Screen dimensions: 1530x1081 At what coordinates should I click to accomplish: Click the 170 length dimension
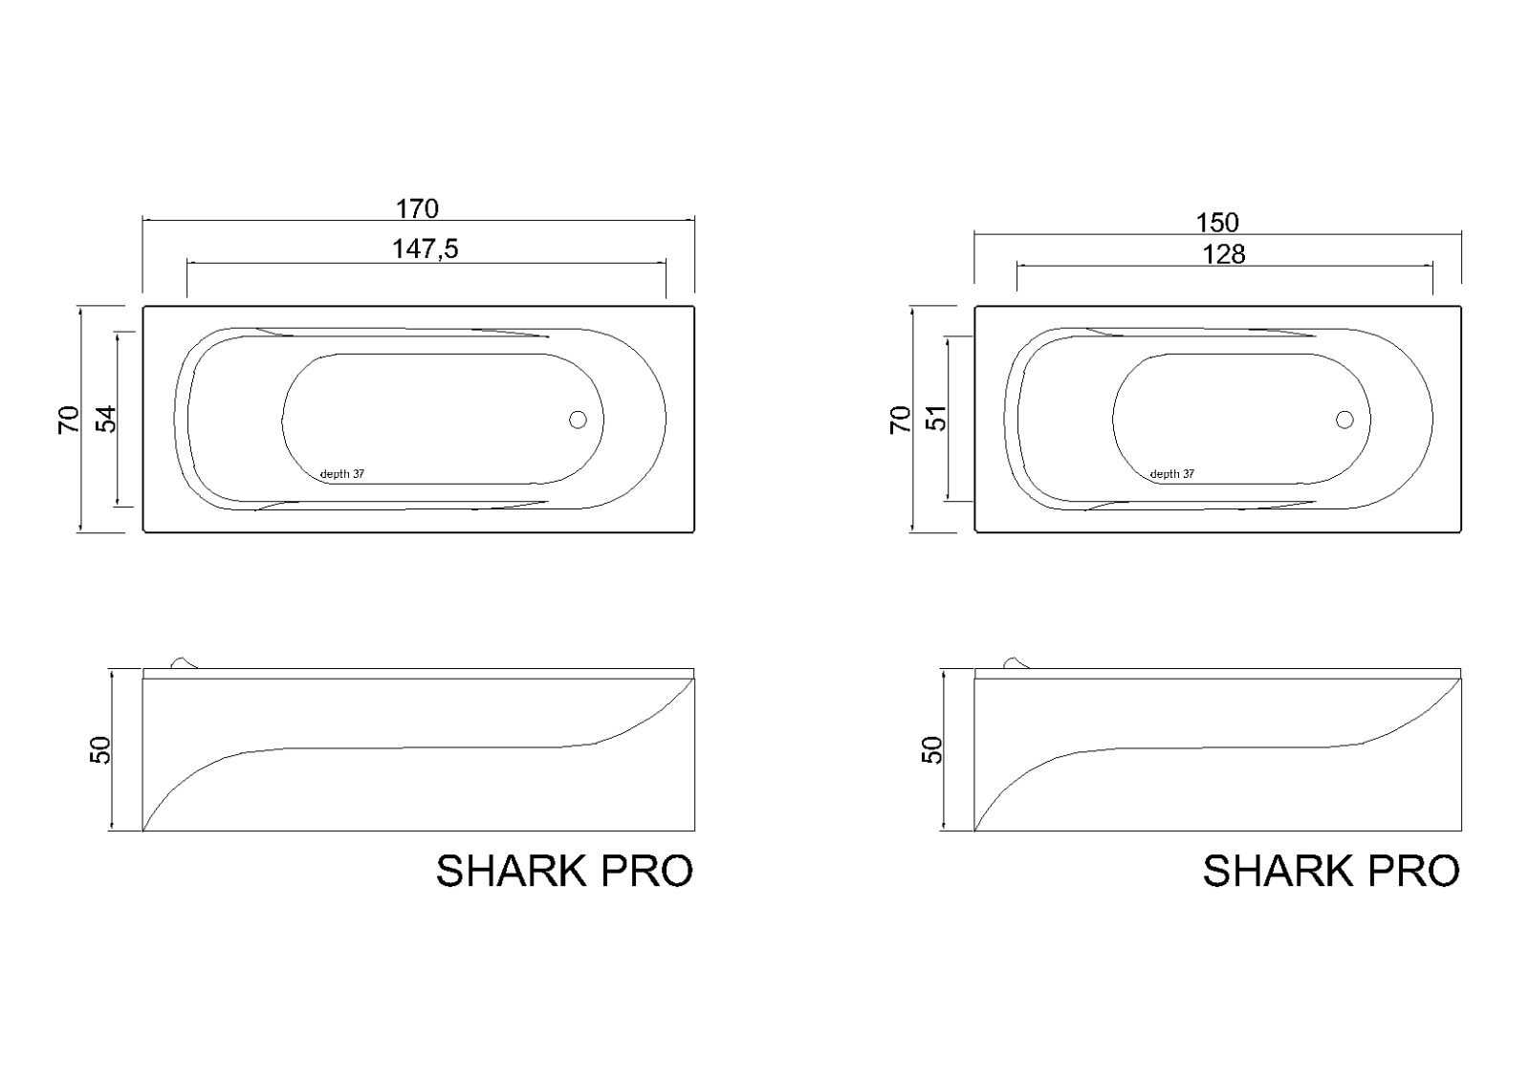pos(417,209)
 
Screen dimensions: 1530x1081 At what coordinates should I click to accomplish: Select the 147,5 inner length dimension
pos(425,249)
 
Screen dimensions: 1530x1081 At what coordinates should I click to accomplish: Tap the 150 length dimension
pos(1217,223)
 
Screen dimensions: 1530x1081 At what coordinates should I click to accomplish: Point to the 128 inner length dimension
pos(1223,254)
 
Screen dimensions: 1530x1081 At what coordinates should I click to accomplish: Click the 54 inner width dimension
pos(106,420)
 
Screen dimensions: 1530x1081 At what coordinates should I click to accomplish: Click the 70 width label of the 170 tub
pos(68,420)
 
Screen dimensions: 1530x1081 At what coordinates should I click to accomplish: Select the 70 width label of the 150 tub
pos(900,420)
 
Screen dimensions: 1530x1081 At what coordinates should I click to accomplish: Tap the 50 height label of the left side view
pos(99,749)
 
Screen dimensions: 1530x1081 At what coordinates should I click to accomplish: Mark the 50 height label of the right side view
pos(931,749)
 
